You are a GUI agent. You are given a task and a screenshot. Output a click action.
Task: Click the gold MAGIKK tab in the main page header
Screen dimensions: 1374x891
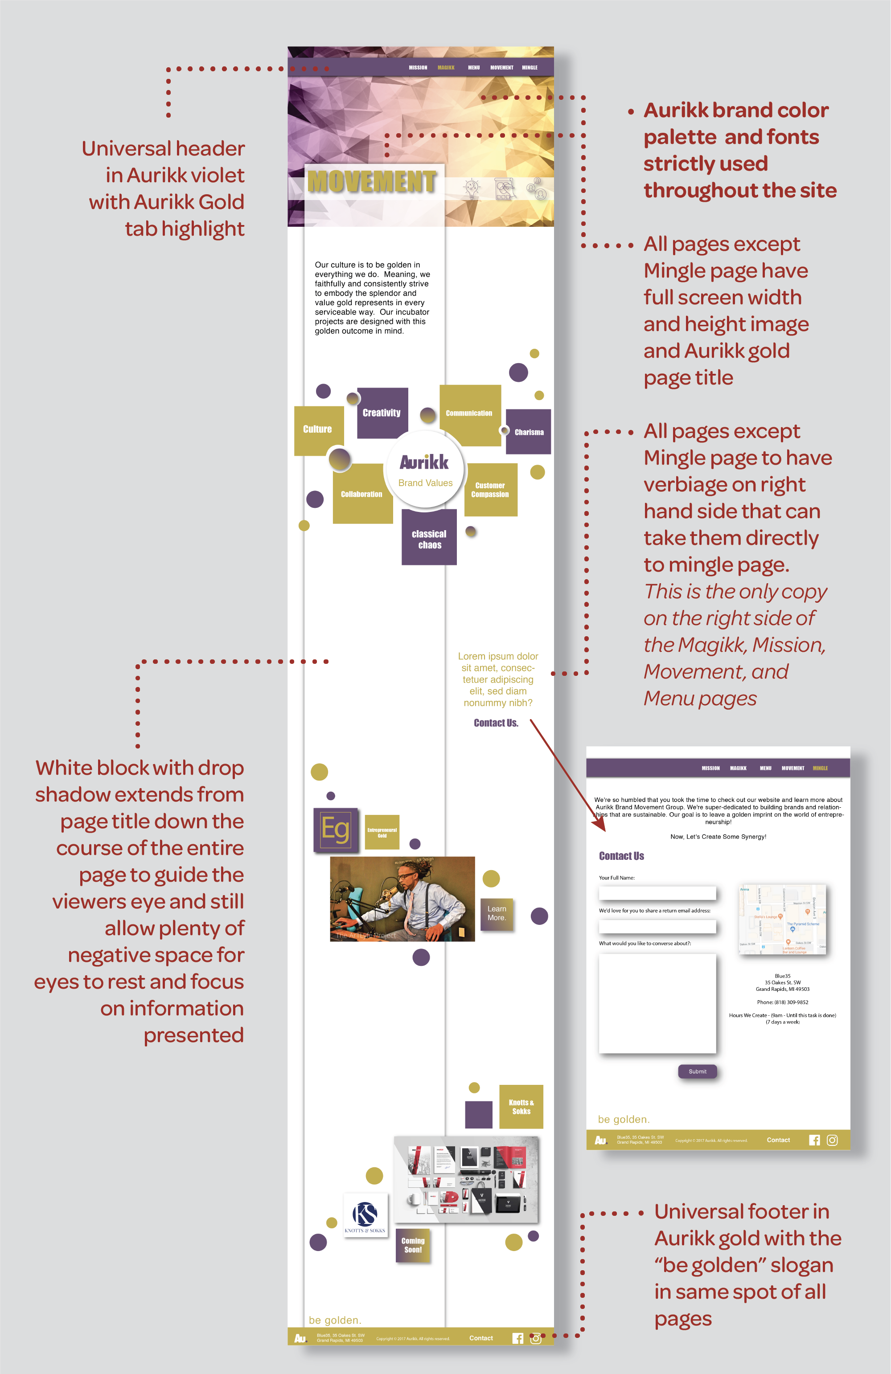click(446, 68)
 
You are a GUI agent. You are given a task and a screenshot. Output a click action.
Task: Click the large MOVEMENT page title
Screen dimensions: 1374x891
click(372, 182)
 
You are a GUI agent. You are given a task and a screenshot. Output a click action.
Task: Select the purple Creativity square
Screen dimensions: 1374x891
click(382, 413)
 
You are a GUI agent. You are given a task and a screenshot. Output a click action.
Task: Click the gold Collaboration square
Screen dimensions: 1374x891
click(362, 494)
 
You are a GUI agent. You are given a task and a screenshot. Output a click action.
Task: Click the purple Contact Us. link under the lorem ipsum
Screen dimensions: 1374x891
click(496, 723)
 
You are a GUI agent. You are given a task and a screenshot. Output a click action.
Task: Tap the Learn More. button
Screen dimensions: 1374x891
click(497, 913)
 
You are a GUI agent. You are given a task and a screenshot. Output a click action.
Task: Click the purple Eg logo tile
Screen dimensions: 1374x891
click(336, 830)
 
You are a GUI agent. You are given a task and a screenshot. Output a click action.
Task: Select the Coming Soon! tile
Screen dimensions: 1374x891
click(413, 1245)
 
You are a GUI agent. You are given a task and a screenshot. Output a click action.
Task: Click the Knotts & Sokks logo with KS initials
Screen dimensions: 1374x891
click(365, 1215)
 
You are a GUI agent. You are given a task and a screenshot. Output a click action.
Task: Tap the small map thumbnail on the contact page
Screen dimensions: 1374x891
click(782, 919)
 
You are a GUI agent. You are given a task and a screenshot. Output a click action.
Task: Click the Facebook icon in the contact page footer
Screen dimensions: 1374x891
click(814, 1140)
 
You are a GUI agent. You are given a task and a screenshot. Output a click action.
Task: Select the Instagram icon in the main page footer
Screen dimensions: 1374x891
click(536, 1338)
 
